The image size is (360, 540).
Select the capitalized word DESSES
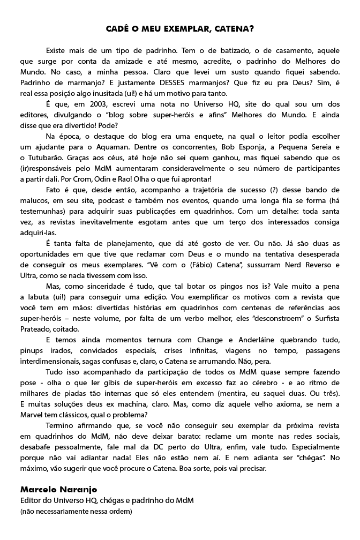click(x=172, y=82)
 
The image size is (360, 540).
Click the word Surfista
click(x=324, y=319)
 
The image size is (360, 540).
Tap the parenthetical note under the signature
click(x=76, y=511)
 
